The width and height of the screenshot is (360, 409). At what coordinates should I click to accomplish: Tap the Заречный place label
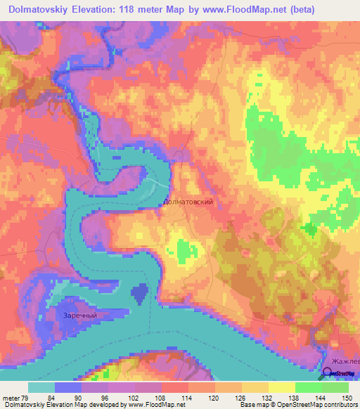77,316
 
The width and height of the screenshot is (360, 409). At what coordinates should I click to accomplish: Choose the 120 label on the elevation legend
215,397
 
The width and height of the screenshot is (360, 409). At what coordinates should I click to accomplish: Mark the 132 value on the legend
269,397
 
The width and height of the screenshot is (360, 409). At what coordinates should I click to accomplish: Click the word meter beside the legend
12,397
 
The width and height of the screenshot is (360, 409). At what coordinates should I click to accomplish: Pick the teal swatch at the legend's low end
41,387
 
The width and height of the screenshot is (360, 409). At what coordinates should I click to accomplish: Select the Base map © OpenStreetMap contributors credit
297,405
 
